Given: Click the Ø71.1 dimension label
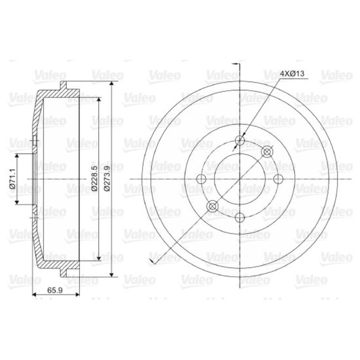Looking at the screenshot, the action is click(12, 179).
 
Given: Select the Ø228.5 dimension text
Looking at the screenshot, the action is click(94, 178).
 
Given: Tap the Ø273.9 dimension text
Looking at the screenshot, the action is click(107, 178).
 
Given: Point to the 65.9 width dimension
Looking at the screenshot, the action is click(55, 291).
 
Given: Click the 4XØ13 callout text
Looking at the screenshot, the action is click(293, 73).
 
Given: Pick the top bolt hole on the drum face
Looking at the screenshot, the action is click(240, 140).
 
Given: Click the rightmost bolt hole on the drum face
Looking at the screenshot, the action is click(279, 179).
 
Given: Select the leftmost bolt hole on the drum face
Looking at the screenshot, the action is click(202, 179).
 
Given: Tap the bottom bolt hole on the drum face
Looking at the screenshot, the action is click(240, 217).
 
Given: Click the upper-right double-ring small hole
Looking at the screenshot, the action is click(267, 152).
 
